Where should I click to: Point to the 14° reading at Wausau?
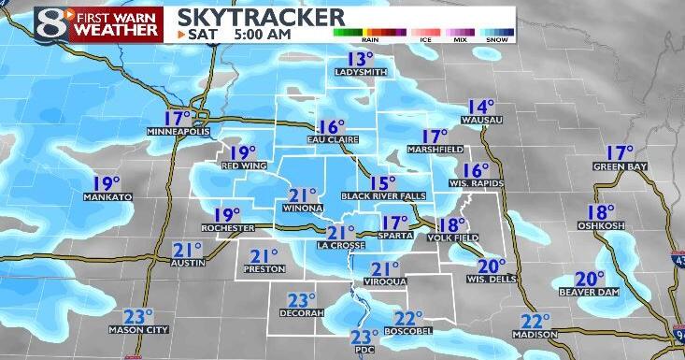click(481, 107)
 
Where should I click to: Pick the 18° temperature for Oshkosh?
click(601, 212)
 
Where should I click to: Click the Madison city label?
click(535, 335)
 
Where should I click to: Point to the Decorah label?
click(300, 312)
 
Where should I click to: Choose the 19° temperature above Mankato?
click(107, 183)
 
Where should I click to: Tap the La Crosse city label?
click(335, 245)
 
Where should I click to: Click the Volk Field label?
click(452, 238)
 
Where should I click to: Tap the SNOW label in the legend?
click(496, 40)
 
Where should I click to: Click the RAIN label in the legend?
click(370, 40)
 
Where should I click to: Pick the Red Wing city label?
click(240, 166)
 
